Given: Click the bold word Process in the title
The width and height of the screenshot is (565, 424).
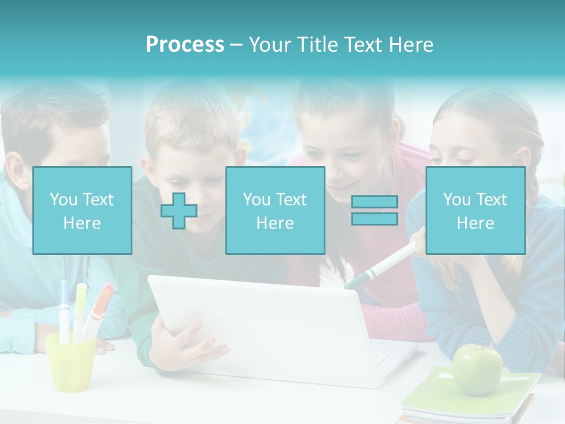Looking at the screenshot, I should click(185, 44).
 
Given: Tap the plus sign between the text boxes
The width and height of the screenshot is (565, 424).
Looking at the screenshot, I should click(179, 211).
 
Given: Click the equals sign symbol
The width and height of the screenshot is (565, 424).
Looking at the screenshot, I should click(374, 210).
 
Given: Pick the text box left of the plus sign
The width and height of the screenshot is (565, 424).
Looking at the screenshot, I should click(82, 210).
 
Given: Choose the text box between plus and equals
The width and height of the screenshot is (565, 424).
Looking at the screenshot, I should click(275, 210).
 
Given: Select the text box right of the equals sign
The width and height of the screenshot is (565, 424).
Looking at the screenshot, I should click(475, 210).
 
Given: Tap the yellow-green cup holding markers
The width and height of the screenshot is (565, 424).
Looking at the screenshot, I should click(71, 362).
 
